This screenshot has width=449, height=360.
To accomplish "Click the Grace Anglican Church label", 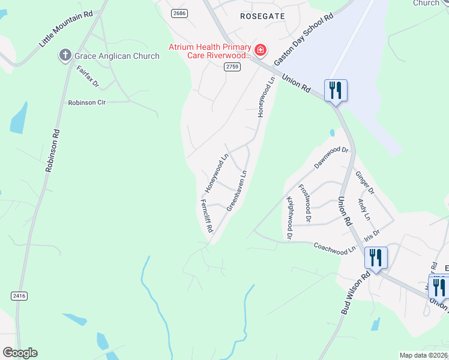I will click(116, 56).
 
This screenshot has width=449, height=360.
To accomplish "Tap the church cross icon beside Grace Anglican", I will click(65, 56).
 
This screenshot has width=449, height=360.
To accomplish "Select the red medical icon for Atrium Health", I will click(261, 49).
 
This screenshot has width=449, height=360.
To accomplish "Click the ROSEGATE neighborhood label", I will click(262, 16).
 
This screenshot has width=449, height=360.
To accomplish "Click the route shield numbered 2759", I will click(233, 67).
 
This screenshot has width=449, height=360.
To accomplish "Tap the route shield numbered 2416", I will click(19, 295).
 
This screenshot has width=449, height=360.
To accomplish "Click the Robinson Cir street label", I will click(86, 103).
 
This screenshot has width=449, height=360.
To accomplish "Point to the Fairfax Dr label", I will click(88, 77).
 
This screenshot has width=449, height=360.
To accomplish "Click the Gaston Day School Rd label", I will click(303, 41).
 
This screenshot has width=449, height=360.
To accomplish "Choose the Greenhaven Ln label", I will click(237, 191).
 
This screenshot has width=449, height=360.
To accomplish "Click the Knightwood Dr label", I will click(289, 218).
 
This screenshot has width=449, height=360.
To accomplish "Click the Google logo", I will click(20, 353).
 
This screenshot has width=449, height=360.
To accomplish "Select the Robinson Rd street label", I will click(53, 151).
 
